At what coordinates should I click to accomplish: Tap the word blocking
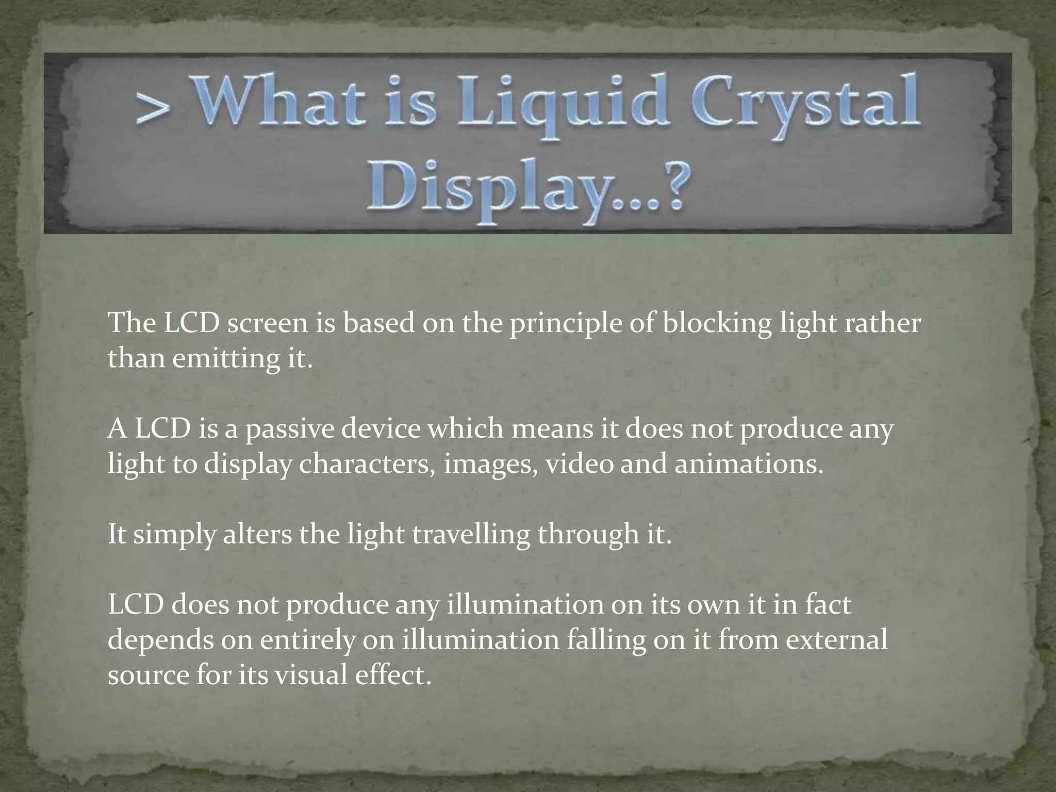tap(717, 323)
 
